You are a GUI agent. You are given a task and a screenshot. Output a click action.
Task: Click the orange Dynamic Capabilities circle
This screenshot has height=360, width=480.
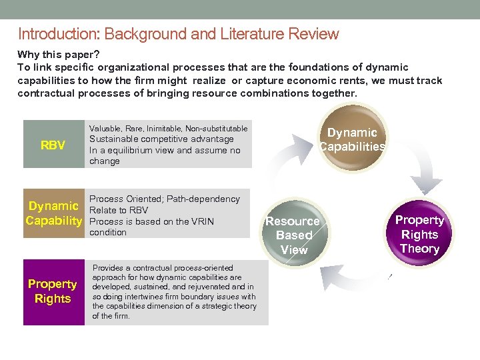[x=352, y=139]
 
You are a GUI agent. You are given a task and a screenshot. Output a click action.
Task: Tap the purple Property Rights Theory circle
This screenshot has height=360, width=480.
[x=419, y=234]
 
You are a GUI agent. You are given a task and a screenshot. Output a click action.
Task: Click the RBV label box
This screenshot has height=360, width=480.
[x=53, y=144]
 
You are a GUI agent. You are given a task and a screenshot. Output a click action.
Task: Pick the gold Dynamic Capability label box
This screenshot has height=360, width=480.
[x=53, y=213]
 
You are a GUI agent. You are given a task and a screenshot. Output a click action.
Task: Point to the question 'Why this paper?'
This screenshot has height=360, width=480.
[x=58, y=53]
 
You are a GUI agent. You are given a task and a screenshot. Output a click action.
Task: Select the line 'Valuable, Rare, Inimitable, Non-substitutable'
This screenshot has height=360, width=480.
[x=168, y=128]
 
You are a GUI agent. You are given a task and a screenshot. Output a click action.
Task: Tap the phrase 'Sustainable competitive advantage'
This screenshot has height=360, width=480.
[x=161, y=139]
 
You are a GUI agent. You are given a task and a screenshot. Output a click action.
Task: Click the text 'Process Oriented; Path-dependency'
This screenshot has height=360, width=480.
[x=164, y=199]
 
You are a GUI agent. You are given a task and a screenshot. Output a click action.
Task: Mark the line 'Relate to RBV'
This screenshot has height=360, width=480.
[x=119, y=210]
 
